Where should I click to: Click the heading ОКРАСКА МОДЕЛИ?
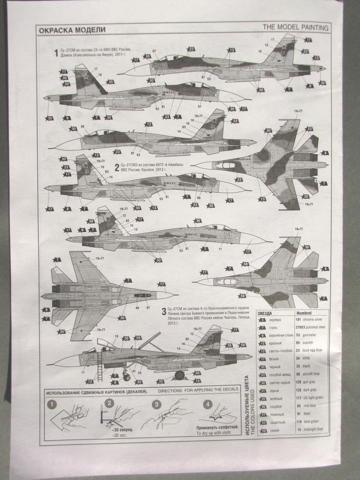point(72,30)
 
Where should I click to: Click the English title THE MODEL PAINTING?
point(296,28)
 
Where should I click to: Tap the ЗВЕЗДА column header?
point(267,313)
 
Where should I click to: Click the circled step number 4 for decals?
point(207,403)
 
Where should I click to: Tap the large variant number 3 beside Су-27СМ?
point(163,310)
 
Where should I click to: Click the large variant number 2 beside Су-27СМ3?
point(117,167)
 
